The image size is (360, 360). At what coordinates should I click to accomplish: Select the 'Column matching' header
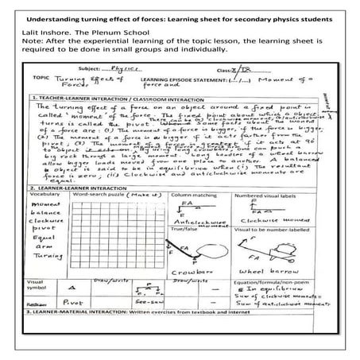pos(184,193)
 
